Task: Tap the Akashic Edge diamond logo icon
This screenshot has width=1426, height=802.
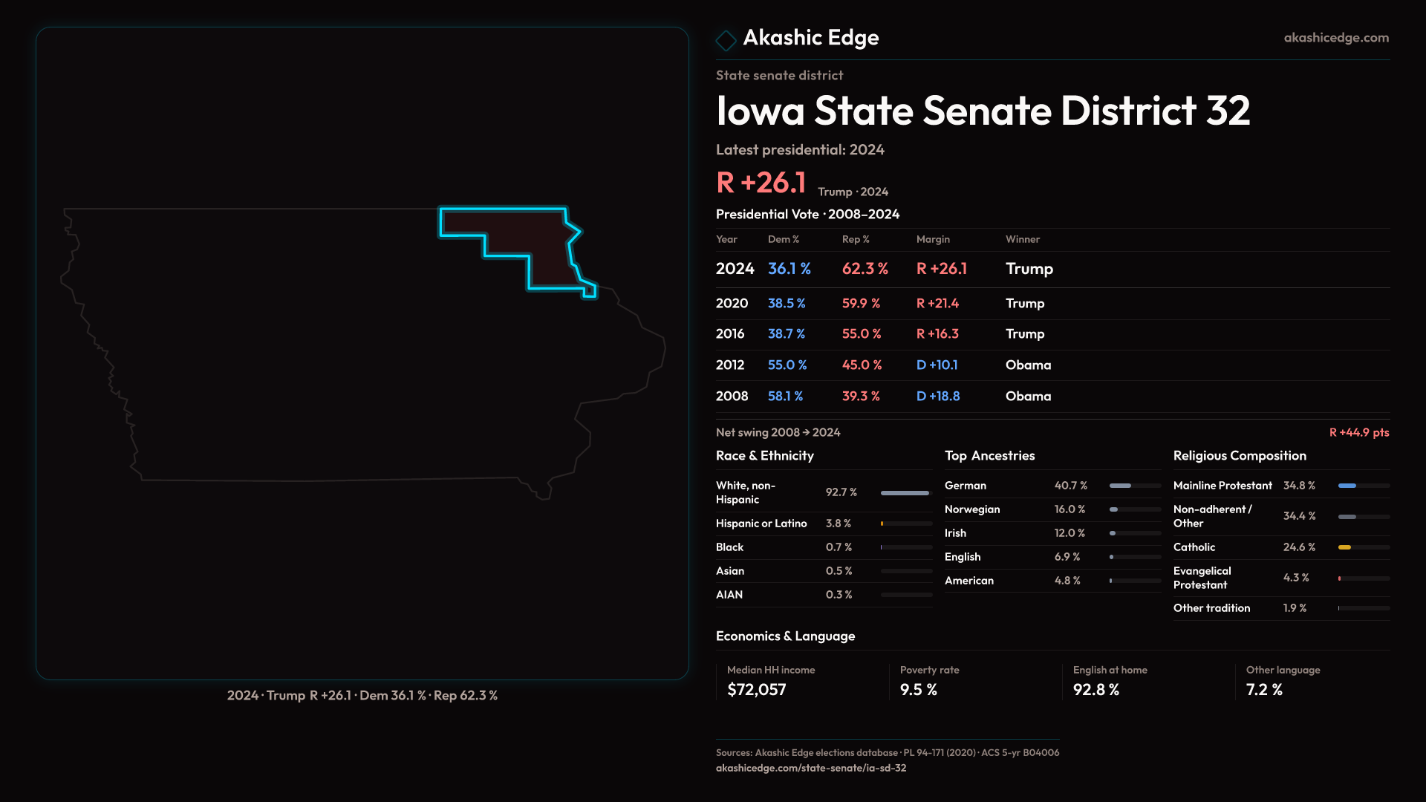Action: pyautogui.click(x=726, y=40)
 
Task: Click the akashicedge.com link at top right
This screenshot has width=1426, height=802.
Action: pyautogui.click(x=1335, y=38)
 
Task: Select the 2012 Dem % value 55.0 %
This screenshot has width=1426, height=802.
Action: pyautogui.click(x=787, y=365)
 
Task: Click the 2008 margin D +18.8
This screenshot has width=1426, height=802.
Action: pyautogui.click(x=937, y=397)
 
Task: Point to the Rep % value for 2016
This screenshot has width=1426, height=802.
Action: pyautogui.click(x=861, y=334)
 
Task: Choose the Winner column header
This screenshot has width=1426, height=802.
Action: pyautogui.click(x=1022, y=239)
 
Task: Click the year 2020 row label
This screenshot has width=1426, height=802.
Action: pyautogui.click(x=732, y=304)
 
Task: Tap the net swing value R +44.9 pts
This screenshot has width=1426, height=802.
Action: pyautogui.click(x=1358, y=433)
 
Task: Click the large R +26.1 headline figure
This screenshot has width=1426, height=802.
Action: pyautogui.click(x=761, y=183)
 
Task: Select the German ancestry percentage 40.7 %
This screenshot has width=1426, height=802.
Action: pyautogui.click(x=1070, y=486)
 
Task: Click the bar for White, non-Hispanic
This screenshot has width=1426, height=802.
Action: pyautogui.click(x=905, y=493)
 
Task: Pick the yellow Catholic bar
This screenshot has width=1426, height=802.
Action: pyautogui.click(x=1344, y=547)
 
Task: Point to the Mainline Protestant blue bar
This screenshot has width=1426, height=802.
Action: pyautogui.click(x=1347, y=486)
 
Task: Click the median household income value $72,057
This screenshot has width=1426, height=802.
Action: pyautogui.click(x=756, y=690)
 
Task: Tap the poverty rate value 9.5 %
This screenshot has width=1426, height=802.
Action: pyautogui.click(x=918, y=690)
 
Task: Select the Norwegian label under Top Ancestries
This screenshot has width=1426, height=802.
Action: pyautogui.click(x=971, y=509)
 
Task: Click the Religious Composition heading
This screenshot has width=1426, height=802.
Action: pyautogui.click(x=1239, y=456)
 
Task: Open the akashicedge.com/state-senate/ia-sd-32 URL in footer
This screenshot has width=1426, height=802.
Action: pyautogui.click(x=810, y=768)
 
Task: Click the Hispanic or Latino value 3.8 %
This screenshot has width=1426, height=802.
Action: pyautogui.click(x=838, y=524)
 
